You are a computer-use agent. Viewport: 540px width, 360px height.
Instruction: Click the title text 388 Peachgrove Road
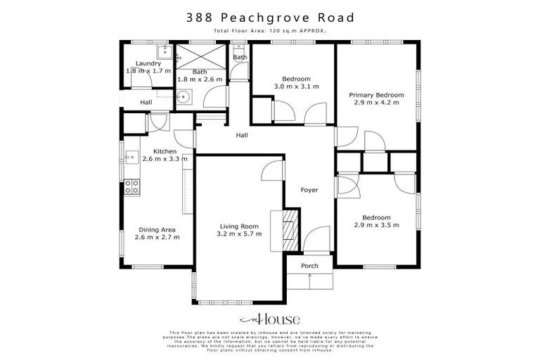[270, 17]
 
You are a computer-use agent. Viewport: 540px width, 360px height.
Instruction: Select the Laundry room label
[148, 63]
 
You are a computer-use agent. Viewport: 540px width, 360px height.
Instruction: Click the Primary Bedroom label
[376, 95]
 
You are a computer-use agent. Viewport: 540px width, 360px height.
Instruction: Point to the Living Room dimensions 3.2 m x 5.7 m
[239, 234]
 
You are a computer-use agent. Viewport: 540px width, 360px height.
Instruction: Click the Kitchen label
[165, 151]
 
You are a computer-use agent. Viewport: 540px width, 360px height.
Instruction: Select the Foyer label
[309, 190]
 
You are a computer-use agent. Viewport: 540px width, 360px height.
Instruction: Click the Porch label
[309, 266]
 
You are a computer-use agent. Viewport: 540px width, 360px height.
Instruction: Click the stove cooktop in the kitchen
[131, 186]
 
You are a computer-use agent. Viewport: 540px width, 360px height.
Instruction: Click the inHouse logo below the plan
[270, 319]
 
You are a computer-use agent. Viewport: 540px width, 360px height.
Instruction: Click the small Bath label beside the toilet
[240, 57]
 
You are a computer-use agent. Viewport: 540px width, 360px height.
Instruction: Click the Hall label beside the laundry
[146, 103]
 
